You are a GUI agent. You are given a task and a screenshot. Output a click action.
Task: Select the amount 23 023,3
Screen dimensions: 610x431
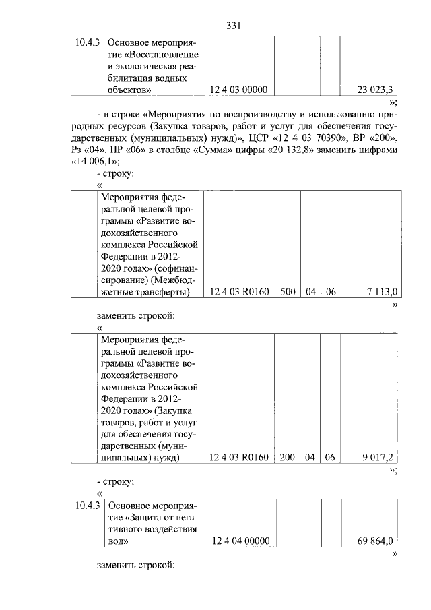376,90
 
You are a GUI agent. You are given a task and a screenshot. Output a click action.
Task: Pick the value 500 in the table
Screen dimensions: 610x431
288,291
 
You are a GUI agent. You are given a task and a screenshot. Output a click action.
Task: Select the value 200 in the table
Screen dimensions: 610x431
288,457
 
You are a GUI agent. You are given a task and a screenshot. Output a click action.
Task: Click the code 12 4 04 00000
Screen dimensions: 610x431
240,541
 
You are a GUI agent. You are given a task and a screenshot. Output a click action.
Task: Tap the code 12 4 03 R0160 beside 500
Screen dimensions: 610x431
239,291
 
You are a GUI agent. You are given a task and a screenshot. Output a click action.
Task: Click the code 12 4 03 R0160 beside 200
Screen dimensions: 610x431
239,457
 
